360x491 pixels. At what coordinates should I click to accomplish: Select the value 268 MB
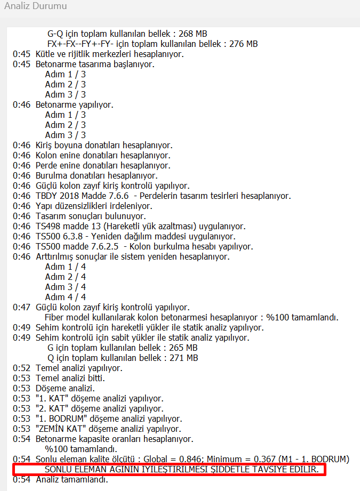coord(194,34)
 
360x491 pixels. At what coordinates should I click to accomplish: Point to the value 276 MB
coord(244,44)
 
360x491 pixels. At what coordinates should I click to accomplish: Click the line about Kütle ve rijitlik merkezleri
coord(109,54)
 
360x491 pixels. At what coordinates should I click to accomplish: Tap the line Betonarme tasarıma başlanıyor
coord(95,64)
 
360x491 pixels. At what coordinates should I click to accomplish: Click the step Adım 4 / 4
coord(65,297)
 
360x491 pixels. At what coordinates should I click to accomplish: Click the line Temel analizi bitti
coord(70,378)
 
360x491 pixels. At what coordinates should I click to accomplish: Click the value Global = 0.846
coord(175,459)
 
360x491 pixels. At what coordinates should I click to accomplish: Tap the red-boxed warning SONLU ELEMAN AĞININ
coord(169,469)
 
